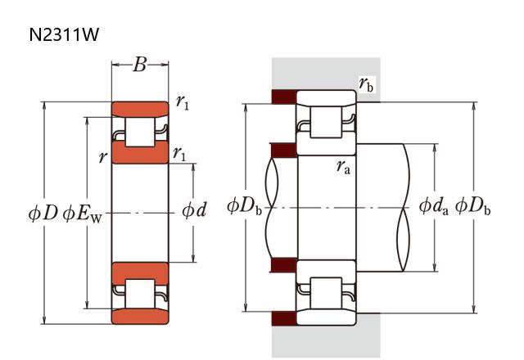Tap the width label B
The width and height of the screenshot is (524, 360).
pos(140,65)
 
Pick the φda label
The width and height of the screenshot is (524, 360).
pos(434,205)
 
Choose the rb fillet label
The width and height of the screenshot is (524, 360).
pos(366,83)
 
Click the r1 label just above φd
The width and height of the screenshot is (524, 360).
pos(178,153)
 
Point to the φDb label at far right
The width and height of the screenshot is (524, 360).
pos(473,205)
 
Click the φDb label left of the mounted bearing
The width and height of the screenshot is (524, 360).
pos(245,205)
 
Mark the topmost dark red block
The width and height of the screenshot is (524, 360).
pos(283,97)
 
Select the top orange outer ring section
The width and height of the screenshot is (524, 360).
pos(140,109)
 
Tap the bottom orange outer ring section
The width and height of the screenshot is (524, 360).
pos(140,316)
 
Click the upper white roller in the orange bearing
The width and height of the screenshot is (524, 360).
pos(140,132)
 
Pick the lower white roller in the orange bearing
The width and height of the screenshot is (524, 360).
pos(140,293)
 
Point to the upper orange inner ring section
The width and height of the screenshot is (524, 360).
pos(140,154)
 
